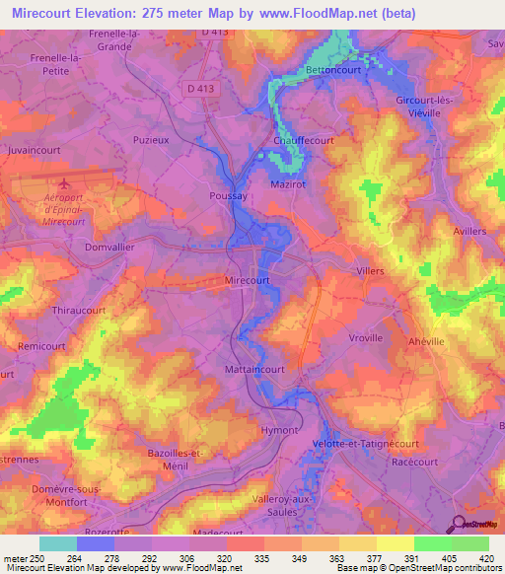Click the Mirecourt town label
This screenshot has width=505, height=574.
click(248, 280)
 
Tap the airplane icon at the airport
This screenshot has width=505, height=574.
click(66, 183)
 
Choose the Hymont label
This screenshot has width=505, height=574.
click(278, 431)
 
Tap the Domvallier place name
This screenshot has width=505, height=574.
click(109, 248)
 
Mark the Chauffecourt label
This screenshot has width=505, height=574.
click(303, 141)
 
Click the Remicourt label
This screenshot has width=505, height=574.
click(40, 348)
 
